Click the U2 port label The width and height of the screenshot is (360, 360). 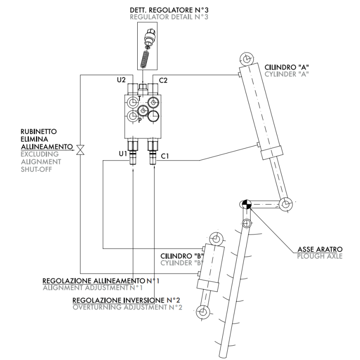tap(121, 80)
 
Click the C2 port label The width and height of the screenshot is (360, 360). tap(163, 81)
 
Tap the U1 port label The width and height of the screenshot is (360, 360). tap(123, 153)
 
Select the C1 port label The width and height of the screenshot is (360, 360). tap(165, 156)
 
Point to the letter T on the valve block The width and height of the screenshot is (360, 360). tap(139, 99)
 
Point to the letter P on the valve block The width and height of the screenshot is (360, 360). tap(140, 120)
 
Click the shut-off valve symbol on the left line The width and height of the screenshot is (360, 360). tap(81, 150)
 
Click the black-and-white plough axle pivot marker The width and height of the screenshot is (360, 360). tap(246, 204)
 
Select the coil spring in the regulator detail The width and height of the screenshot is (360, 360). tap(144, 59)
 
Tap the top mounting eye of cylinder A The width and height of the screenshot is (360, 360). tap(247, 59)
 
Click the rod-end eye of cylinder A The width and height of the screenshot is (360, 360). tap(286, 204)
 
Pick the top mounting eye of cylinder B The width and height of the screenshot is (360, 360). tap(216, 239)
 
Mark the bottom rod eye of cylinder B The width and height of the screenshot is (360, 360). tap(203, 312)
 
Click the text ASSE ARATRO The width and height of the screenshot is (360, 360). tap(320, 249)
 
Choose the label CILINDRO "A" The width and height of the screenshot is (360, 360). tap(287, 67)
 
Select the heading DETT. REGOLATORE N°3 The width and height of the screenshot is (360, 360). tap(169, 10)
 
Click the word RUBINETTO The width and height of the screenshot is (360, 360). tap(39, 131)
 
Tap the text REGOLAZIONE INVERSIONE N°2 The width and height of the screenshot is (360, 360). tap(126, 300)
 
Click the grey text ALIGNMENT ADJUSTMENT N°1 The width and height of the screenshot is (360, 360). tap(93, 288)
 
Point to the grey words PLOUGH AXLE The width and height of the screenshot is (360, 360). tap(320, 256)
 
